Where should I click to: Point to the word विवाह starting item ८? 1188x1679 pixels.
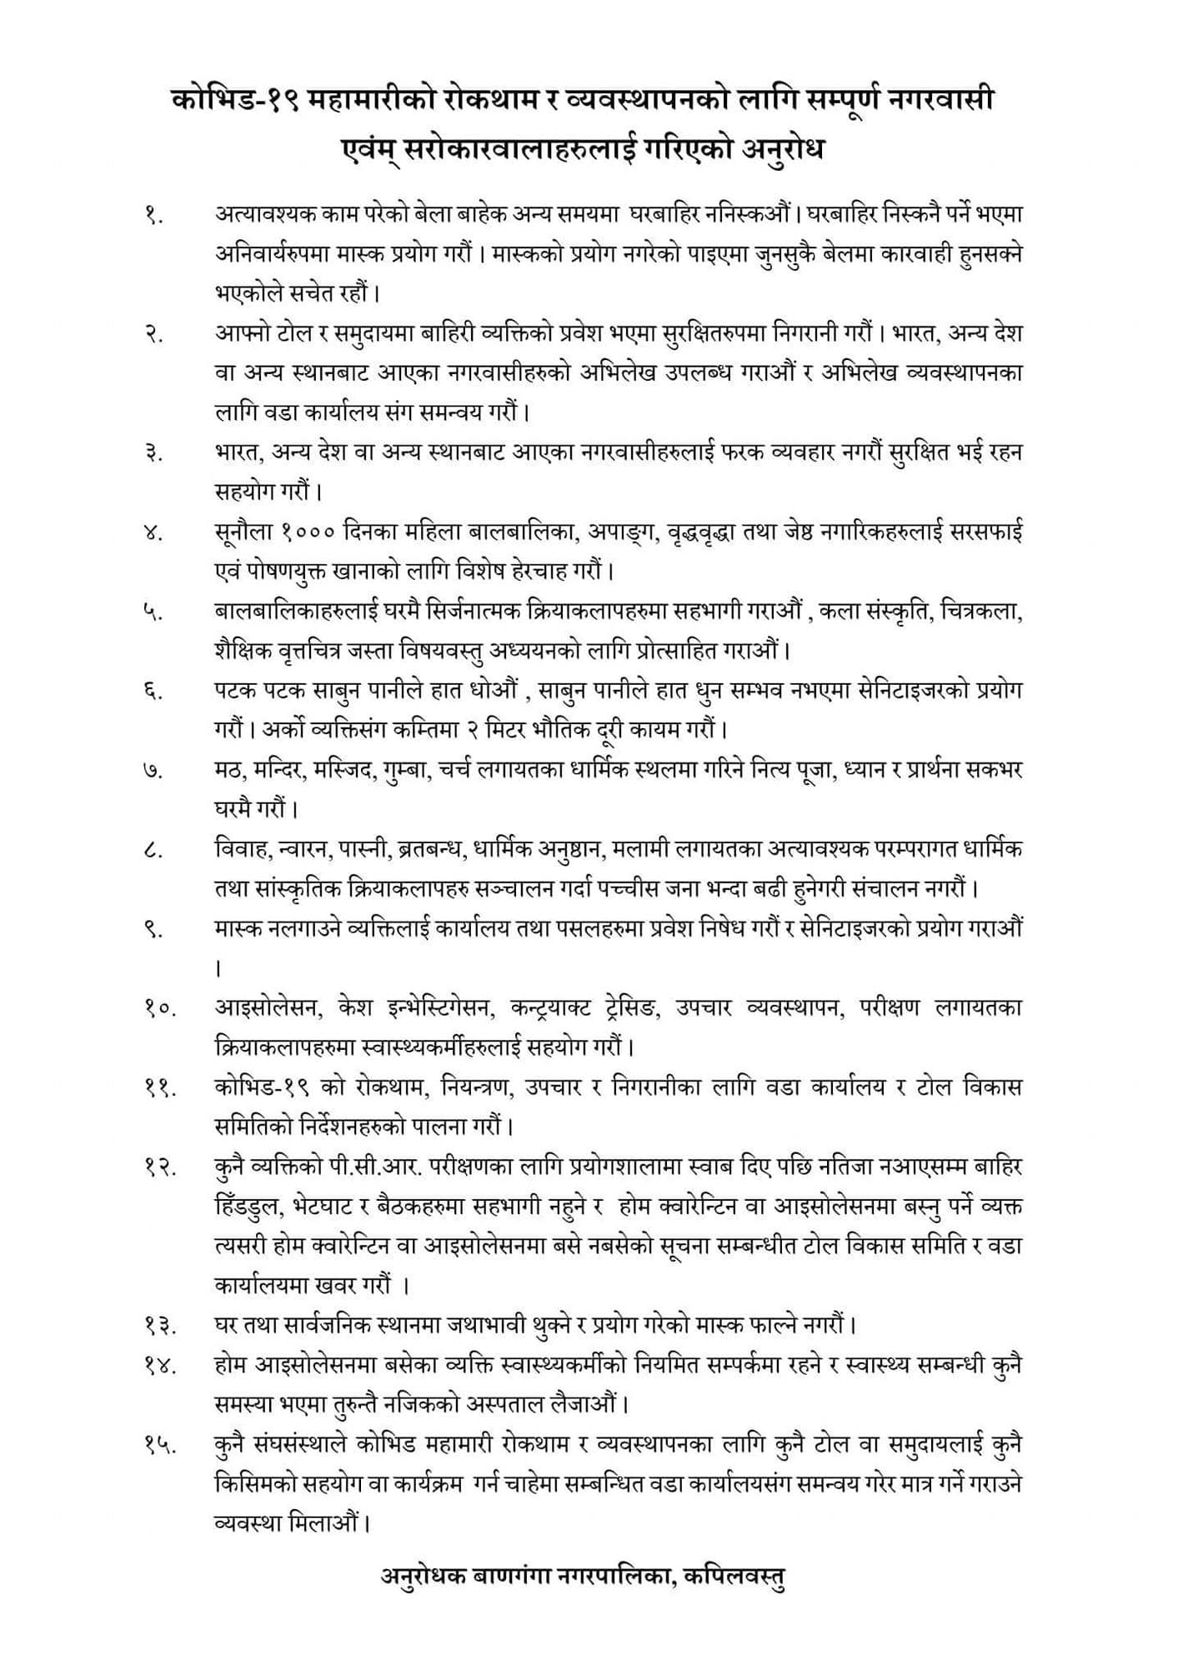240,850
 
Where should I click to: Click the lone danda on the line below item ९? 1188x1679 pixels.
218,968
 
